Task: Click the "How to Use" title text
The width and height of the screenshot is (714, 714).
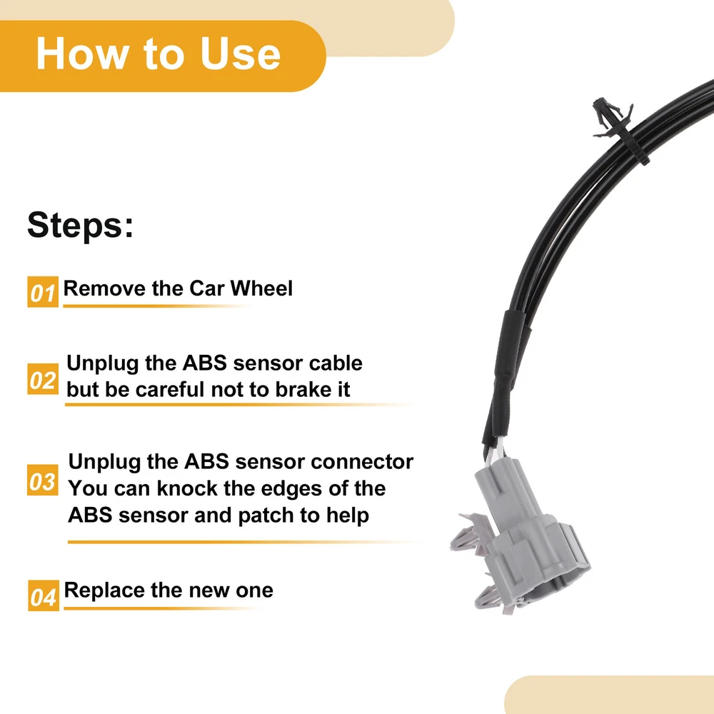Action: (158, 54)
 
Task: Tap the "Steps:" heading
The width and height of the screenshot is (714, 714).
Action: (81, 224)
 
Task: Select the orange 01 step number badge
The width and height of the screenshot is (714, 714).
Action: (43, 292)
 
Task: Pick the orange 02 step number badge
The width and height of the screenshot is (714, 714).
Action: (43, 379)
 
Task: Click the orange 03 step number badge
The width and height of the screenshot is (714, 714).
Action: (43, 480)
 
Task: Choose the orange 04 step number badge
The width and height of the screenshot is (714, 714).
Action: (44, 595)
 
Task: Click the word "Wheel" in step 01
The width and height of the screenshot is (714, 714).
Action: (261, 288)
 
